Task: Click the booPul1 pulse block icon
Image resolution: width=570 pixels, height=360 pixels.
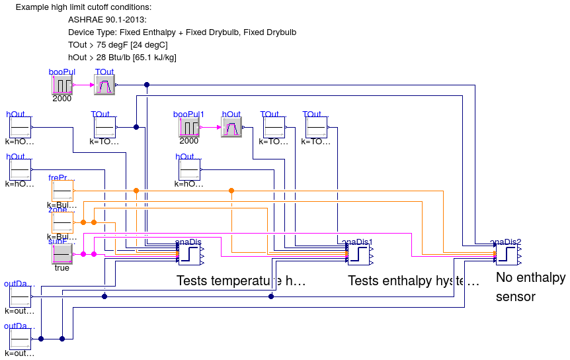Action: click(x=189, y=127)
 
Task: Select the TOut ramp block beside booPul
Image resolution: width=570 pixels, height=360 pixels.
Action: click(x=104, y=85)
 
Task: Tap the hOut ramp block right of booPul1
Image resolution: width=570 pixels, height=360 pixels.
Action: click(x=231, y=127)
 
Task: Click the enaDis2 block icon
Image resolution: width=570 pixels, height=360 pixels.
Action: click(x=507, y=254)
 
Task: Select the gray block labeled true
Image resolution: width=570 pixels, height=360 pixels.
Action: click(x=62, y=254)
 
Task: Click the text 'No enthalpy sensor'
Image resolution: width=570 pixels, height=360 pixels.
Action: click(x=530, y=287)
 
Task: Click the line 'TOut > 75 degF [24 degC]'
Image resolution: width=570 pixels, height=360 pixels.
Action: click(x=118, y=44)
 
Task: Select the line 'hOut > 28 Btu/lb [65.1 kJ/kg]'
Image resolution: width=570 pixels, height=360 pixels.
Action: click(x=122, y=58)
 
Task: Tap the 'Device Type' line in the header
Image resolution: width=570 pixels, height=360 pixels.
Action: click(x=182, y=32)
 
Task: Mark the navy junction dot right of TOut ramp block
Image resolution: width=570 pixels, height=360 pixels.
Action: click(x=147, y=85)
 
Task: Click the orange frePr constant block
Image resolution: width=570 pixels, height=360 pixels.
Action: click(x=62, y=191)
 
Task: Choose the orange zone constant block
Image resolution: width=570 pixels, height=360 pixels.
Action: click(x=62, y=222)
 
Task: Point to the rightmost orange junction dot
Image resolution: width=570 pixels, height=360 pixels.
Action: click(x=231, y=191)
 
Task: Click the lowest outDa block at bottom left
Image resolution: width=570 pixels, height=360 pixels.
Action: click(x=20, y=339)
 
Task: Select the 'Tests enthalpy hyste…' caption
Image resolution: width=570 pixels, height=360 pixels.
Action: click(x=413, y=281)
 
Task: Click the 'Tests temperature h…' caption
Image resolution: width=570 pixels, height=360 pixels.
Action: click(x=241, y=281)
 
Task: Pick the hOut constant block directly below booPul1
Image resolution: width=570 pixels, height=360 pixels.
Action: click(x=189, y=169)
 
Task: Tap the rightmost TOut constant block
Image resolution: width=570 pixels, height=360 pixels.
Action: click(x=316, y=127)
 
